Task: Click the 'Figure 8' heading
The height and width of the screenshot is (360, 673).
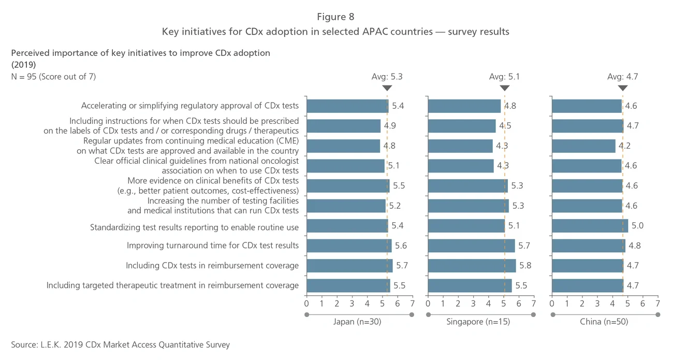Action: (x=335, y=17)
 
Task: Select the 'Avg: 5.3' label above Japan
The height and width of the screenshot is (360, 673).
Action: (x=387, y=77)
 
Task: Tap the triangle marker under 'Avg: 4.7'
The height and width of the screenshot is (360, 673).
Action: (x=622, y=88)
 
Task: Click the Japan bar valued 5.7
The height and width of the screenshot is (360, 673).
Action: (x=349, y=266)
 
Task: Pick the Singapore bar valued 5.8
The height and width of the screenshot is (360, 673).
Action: (x=472, y=266)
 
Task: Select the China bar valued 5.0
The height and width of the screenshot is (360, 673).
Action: (x=590, y=226)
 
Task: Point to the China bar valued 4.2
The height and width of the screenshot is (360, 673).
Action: (x=583, y=146)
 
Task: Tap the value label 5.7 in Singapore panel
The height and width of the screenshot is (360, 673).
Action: (x=523, y=246)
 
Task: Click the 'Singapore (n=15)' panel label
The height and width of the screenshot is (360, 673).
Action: (x=478, y=322)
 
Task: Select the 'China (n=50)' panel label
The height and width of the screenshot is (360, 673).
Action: (x=604, y=322)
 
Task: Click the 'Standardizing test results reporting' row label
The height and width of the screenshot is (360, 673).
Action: (x=194, y=227)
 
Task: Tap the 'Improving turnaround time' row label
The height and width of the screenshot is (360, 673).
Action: (x=213, y=246)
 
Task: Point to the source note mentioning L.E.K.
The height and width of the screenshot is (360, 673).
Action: (x=120, y=344)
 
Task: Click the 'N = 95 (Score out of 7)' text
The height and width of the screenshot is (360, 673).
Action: (x=53, y=77)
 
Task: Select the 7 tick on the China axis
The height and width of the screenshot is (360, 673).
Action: (x=657, y=303)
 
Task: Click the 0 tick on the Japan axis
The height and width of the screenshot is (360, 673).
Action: (x=306, y=303)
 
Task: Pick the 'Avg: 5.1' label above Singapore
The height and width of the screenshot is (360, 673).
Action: (x=504, y=77)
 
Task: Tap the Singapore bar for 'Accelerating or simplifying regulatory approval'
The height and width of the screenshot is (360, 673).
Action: (x=464, y=106)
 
